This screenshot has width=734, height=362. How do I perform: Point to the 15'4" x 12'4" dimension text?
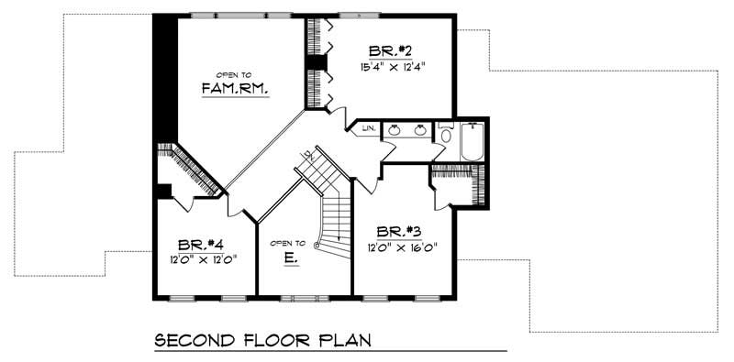pos(392,66)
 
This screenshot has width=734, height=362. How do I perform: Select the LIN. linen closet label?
pos(367,129)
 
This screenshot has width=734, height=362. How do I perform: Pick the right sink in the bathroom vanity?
pos(420,130)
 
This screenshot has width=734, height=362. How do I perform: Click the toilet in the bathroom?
pos(445,136)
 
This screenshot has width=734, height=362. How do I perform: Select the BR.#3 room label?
pos(394,232)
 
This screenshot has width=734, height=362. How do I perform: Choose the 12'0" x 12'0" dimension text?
pos(202,259)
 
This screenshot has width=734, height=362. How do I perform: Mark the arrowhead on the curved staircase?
pos(317,247)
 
